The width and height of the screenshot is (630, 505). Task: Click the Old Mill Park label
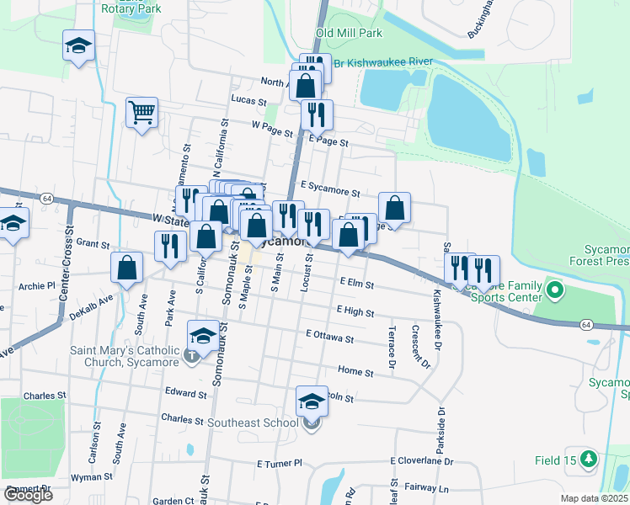tap(349, 33)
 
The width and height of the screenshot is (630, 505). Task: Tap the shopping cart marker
tap(141, 112)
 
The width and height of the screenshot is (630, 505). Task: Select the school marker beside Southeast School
tap(312, 401)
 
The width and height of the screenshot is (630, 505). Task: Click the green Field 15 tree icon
tap(590, 460)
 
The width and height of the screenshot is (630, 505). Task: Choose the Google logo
tap(28, 495)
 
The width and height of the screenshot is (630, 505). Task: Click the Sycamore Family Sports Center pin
tap(554, 291)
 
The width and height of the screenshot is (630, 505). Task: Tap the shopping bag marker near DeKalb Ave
tap(126, 268)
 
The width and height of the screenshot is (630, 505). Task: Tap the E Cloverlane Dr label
tap(421, 461)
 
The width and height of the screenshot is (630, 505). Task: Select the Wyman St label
tap(86, 476)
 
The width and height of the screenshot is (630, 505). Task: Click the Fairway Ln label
tap(425, 487)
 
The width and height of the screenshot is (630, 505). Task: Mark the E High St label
tap(355, 311)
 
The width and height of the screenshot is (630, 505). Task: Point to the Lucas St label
tap(248, 99)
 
